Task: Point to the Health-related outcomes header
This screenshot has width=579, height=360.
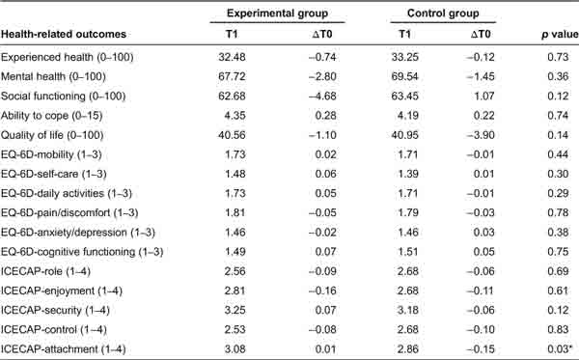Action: coord(68,36)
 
